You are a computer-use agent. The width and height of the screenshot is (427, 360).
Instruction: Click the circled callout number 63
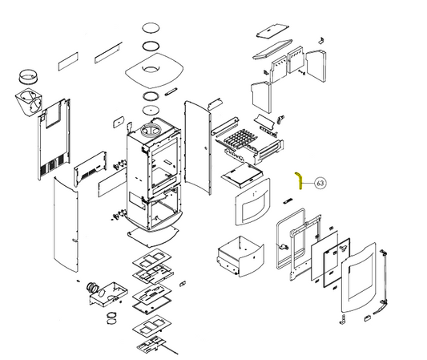320,183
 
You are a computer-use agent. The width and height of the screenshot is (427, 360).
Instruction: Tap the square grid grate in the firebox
237,138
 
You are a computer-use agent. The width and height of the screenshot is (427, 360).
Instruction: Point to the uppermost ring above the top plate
151,28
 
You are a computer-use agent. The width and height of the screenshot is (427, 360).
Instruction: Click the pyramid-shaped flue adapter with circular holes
28,103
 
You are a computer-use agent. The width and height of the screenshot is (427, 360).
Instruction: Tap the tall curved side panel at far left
66,224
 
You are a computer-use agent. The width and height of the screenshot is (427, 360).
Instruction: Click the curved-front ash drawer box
240,257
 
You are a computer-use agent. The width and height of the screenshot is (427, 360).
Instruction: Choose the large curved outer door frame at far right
358,277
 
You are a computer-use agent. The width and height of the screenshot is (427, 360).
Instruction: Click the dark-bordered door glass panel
336,262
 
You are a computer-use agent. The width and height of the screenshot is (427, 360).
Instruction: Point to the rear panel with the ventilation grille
54,139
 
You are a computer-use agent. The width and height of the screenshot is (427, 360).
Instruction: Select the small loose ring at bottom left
111,318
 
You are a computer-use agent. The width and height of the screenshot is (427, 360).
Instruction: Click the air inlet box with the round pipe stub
107,293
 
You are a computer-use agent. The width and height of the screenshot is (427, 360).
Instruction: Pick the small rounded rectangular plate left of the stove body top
119,122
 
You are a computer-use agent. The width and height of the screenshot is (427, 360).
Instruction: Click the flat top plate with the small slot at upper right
272,31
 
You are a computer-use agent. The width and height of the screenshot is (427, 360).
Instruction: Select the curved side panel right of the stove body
198,148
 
